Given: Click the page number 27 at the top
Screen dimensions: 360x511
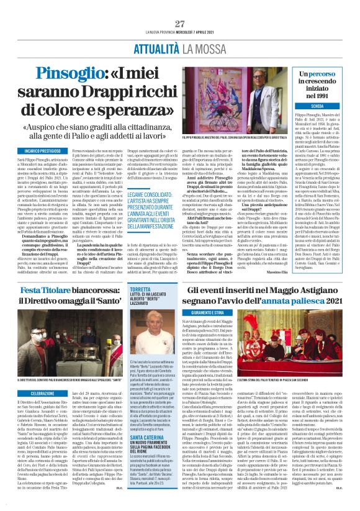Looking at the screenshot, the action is (180, 24).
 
